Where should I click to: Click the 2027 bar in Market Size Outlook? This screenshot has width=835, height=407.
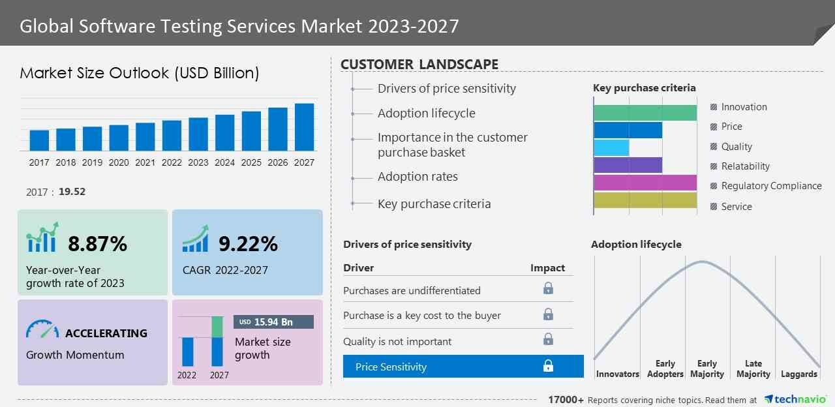pos(304,127)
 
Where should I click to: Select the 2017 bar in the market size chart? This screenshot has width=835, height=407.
pos(39,140)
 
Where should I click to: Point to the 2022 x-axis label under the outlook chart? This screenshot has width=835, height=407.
pos(172,162)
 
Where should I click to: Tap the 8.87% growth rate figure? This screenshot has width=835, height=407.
pos(98,244)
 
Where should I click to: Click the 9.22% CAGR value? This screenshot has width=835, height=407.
pos(248,244)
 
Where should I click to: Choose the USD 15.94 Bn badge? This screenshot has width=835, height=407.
pos(273,322)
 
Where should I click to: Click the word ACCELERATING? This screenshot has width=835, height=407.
pos(106,333)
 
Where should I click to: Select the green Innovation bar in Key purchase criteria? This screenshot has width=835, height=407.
pos(645,112)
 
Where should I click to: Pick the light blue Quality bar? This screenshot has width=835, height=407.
pos(611,147)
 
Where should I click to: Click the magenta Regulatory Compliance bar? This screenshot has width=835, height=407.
pos(645,183)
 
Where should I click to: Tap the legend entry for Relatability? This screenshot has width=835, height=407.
pos(745,166)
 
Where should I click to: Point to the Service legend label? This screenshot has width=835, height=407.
pos(736,207)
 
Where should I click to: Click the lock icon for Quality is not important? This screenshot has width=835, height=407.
pos(548,339)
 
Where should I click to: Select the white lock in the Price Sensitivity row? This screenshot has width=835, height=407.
pos(548,367)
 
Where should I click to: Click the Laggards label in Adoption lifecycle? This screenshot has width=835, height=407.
pos(798,374)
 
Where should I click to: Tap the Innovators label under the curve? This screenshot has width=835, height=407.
pos(617,374)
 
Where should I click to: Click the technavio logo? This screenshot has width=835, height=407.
pos(795,399)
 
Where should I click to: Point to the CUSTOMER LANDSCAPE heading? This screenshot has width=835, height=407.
pos(419,65)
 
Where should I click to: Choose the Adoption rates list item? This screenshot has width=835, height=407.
pos(417,177)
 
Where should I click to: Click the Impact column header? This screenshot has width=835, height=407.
pos(547,268)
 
